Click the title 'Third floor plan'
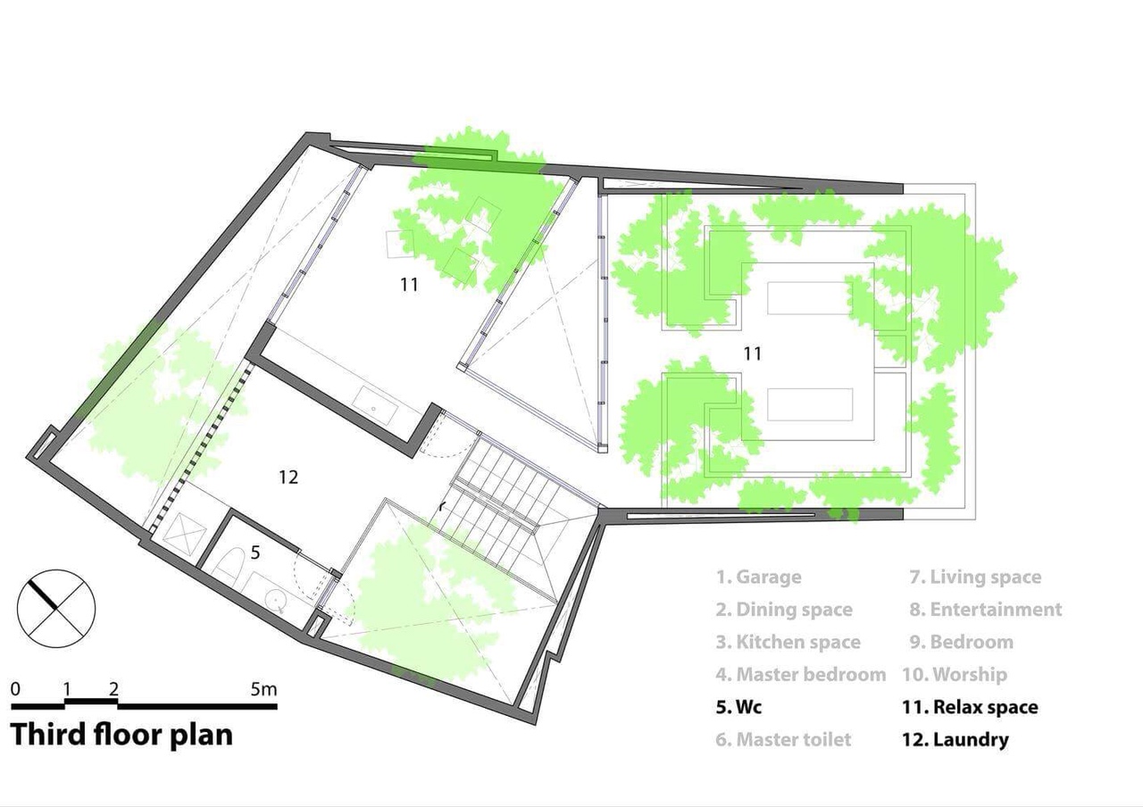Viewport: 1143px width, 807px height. [x=121, y=735]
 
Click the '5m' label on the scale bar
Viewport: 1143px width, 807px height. [x=263, y=689]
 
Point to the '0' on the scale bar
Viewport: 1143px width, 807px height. [x=15, y=689]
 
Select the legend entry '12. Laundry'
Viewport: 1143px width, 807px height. [x=955, y=739]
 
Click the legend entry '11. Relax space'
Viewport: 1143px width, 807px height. [x=970, y=707]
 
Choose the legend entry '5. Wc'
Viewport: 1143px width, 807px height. [x=738, y=707]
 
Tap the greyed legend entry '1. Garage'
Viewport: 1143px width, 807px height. [x=758, y=577]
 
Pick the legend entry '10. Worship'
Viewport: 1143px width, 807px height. [x=955, y=674]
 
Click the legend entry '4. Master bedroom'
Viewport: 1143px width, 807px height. [x=801, y=674]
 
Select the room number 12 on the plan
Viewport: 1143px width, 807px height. [x=288, y=477]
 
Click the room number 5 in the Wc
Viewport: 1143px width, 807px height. [x=255, y=552]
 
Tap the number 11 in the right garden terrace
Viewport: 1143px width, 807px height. [x=752, y=354]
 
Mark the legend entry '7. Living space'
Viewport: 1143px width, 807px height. [x=975, y=577]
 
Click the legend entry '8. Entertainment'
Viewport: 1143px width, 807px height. [x=986, y=609]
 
